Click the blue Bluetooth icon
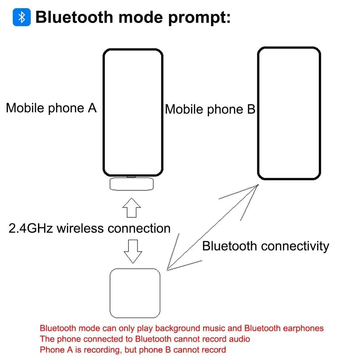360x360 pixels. (x=22, y=17)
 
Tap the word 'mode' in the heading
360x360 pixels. (x=140, y=17)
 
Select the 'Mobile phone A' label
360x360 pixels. (x=51, y=108)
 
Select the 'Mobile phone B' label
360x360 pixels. (x=210, y=109)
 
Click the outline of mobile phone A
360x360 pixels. (x=133, y=113)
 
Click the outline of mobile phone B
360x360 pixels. (x=289, y=113)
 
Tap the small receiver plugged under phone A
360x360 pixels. (x=132, y=184)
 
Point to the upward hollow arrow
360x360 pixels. (x=132, y=208)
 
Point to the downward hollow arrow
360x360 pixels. (x=133, y=251)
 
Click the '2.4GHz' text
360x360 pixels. (x=31, y=228)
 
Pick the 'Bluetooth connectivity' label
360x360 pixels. (x=266, y=246)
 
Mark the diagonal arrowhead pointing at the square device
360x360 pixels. (x=181, y=255)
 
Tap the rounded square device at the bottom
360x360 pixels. (x=135, y=293)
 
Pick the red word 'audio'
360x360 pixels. (x=239, y=339)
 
